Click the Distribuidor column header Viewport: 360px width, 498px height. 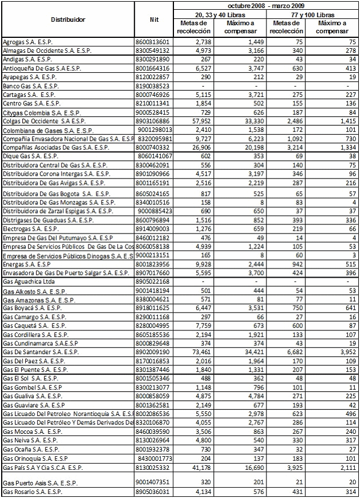pyautogui.click(x=68, y=19)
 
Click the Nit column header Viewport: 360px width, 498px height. pyautogui.click(x=153, y=19)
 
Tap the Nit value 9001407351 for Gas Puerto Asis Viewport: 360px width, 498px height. pyautogui.click(x=153, y=481)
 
